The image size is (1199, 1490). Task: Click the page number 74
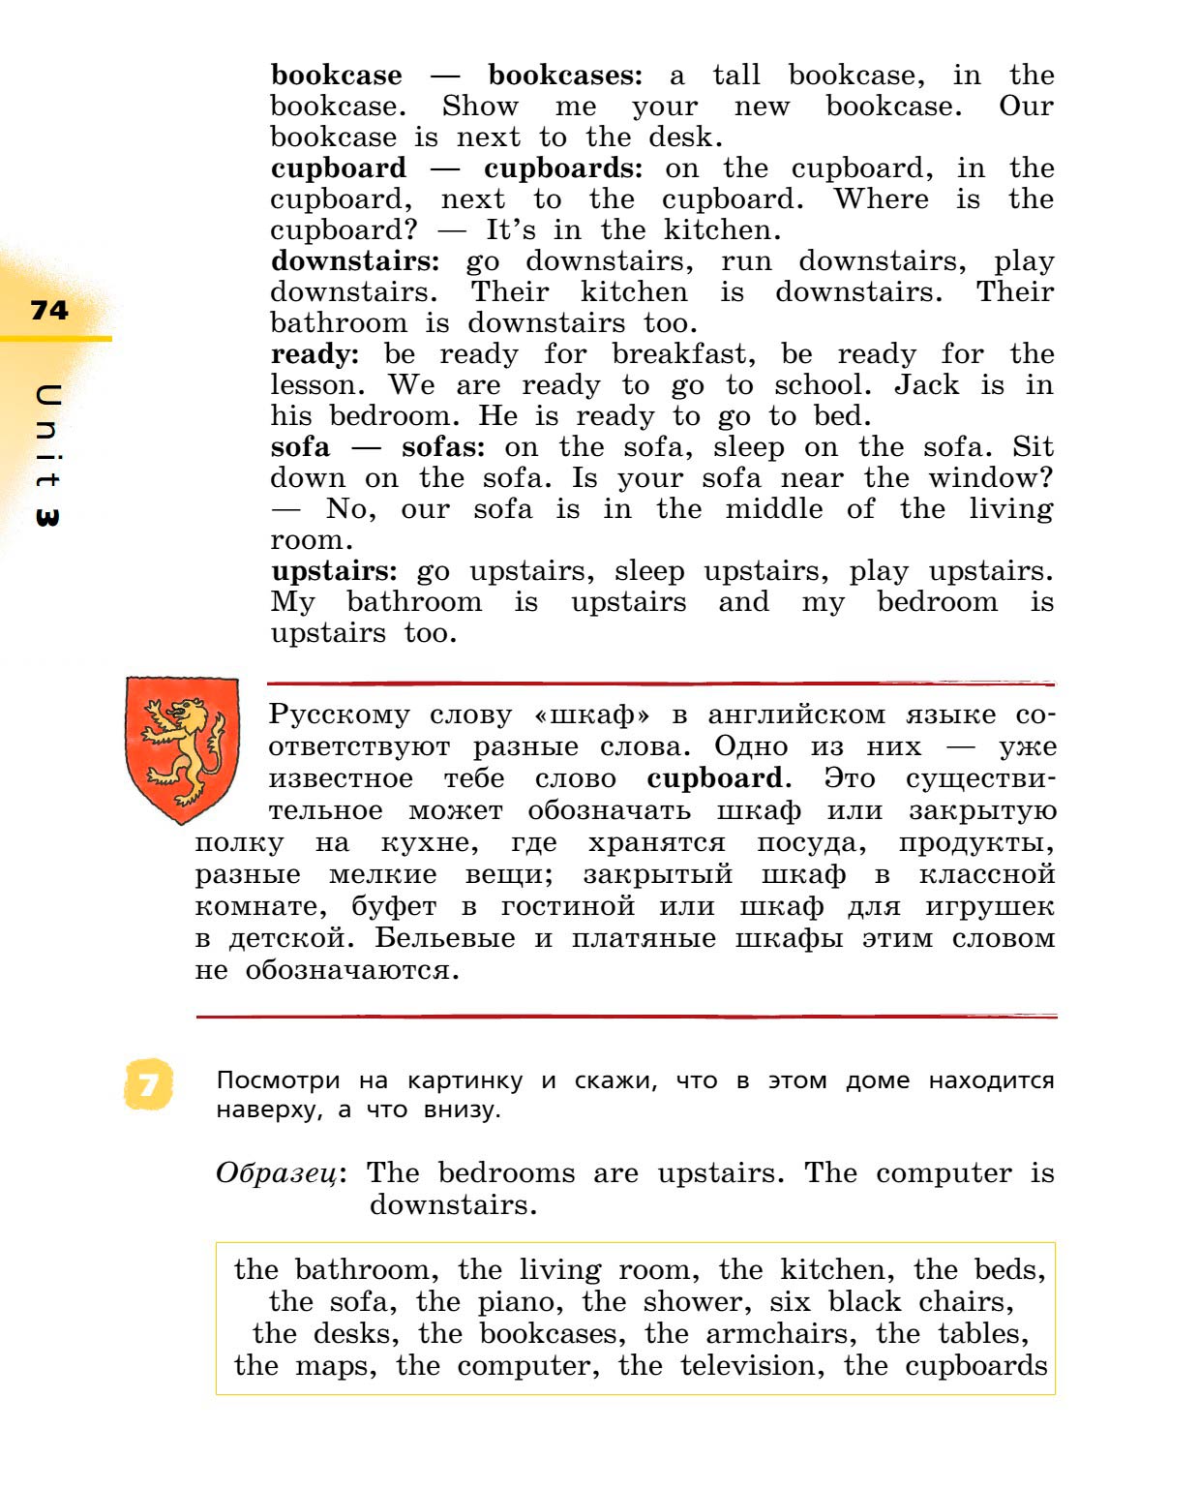(49, 310)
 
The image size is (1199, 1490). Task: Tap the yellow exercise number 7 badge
(148, 1084)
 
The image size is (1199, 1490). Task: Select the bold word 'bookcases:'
(564, 76)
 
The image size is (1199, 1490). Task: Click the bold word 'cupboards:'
(562, 168)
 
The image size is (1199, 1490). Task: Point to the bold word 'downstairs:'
(354, 261)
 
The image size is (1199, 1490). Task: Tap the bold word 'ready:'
(315, 354)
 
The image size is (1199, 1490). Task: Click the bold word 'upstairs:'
(334, 571)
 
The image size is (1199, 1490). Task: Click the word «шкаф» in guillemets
(591, 715)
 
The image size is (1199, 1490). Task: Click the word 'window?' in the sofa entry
(991, 478)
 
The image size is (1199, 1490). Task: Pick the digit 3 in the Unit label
(46, 517)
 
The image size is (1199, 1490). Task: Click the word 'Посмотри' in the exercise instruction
(278, 1080)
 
